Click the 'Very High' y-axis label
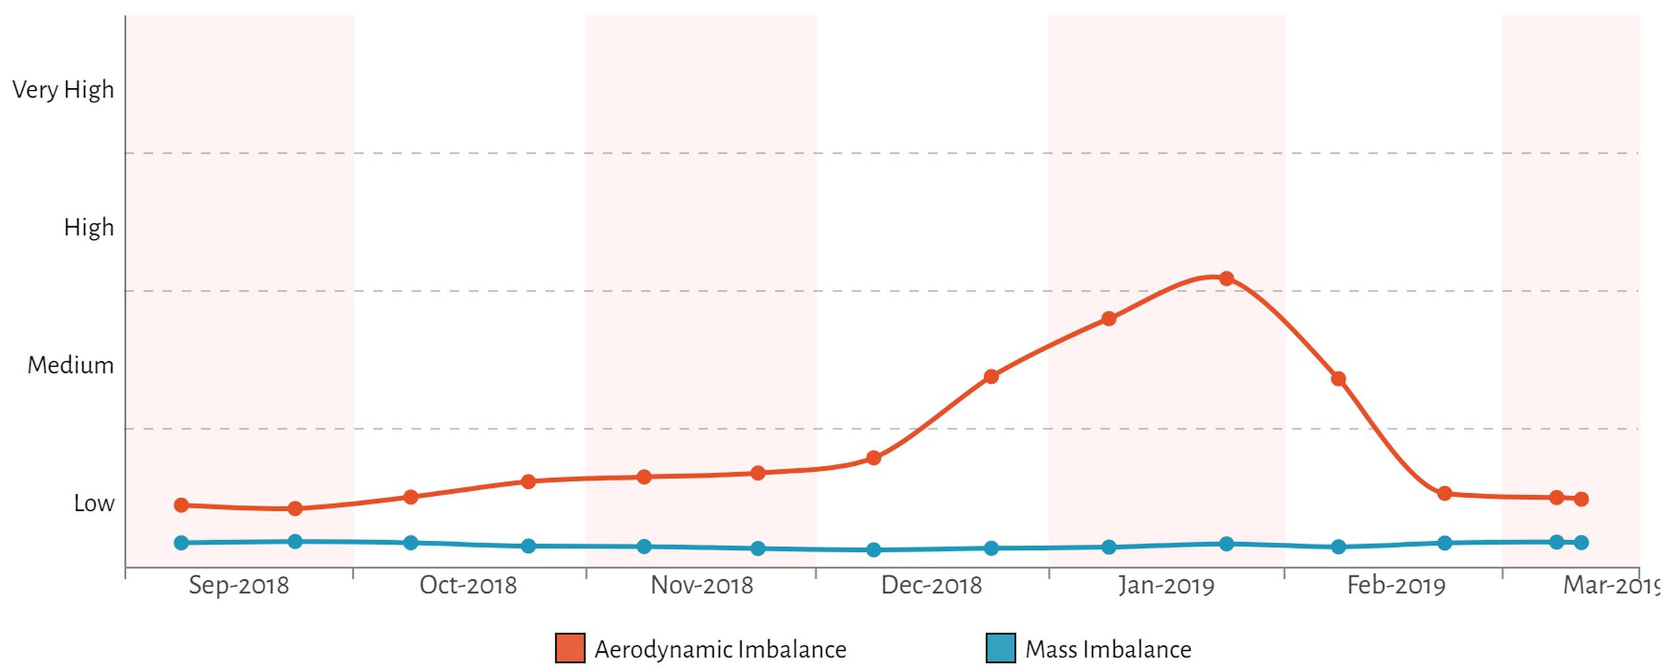click(x=63, y=90)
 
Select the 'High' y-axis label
click(x=89, y=228)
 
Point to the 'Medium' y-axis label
click(x=70, y=365)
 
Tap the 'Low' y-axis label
click(x=94, y=504)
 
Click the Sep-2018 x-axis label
click(x=238, y=586)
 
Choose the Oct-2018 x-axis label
click(x=468, y=585)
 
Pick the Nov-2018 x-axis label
click(x=702, y=585)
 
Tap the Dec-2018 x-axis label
click(x=931, y=585)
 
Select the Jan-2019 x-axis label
click(x=1166, y=586)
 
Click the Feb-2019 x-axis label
click(x=1396, y=585)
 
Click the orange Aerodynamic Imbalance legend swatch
click(x=570, y=649)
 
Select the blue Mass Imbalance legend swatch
click(x=1001, y=649)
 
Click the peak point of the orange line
click(x=1226, y=279)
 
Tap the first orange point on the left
click(x=182, y=506)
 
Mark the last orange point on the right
click(x=1581, y=500)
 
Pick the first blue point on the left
click(x=182, y=543)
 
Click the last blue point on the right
click(x=1581, y=543)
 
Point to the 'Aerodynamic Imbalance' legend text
click(x=721, y=650)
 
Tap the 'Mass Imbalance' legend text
click(x=1108, y=650)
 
